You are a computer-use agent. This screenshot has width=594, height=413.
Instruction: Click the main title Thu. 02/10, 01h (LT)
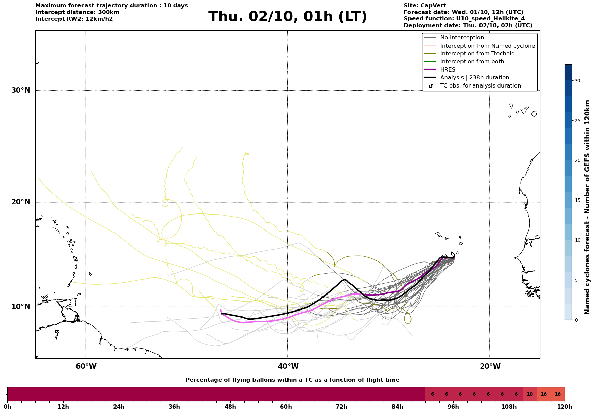point(287,17)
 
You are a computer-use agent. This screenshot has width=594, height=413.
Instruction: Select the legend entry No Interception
point(462,38)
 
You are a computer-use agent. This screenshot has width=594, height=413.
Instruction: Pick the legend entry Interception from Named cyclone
point(487,46)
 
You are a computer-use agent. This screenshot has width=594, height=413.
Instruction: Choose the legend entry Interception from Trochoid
point(477,54)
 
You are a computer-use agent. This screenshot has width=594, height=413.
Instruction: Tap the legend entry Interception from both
point(472,62)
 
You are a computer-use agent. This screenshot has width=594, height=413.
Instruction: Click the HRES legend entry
point(448,70)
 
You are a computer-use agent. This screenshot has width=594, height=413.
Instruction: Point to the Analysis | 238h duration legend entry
point(474,78)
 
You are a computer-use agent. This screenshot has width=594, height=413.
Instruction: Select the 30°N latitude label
point(21,90)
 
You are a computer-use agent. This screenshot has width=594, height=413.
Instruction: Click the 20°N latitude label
point(21,202)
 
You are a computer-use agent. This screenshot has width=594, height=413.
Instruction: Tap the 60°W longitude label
point(86,366)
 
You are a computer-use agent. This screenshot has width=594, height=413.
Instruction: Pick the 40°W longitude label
point(288,366)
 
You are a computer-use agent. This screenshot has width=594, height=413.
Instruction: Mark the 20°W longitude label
point(490,366)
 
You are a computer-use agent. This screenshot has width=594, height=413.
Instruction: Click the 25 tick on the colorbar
point(577,121)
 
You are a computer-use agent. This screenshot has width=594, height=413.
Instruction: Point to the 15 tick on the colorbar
point(577,200)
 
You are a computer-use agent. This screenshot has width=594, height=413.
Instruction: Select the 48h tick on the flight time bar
point(230,407)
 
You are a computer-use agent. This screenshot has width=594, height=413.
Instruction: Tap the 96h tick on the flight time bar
point(453,407)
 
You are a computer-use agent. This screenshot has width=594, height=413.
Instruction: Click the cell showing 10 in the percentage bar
point(530,394)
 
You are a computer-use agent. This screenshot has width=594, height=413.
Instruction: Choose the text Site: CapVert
point(425,6)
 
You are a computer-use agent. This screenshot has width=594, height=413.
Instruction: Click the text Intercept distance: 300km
point(77,12)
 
